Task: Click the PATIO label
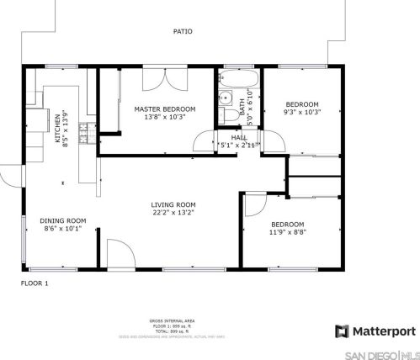point(183,31)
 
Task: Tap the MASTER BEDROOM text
point(165,109)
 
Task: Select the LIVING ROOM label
point(173,204)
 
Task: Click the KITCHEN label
point(58,124)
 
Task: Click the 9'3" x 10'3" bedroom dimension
point(302,112)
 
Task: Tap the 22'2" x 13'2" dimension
point(173,213)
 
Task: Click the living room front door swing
point(118,254)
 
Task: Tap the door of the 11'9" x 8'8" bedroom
point(254,206)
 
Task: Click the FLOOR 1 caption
point(35,283)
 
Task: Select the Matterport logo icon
point(341,331)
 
